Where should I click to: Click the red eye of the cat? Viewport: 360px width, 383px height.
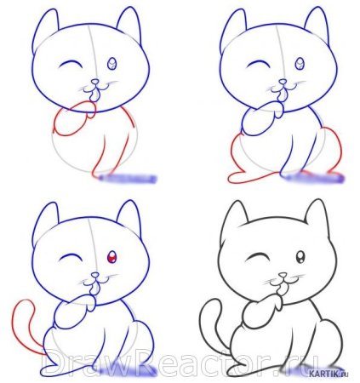112,257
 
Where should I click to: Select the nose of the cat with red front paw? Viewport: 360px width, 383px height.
96,83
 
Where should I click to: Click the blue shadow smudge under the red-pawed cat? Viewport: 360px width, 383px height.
128,179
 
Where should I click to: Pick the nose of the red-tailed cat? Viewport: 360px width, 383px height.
95,275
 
